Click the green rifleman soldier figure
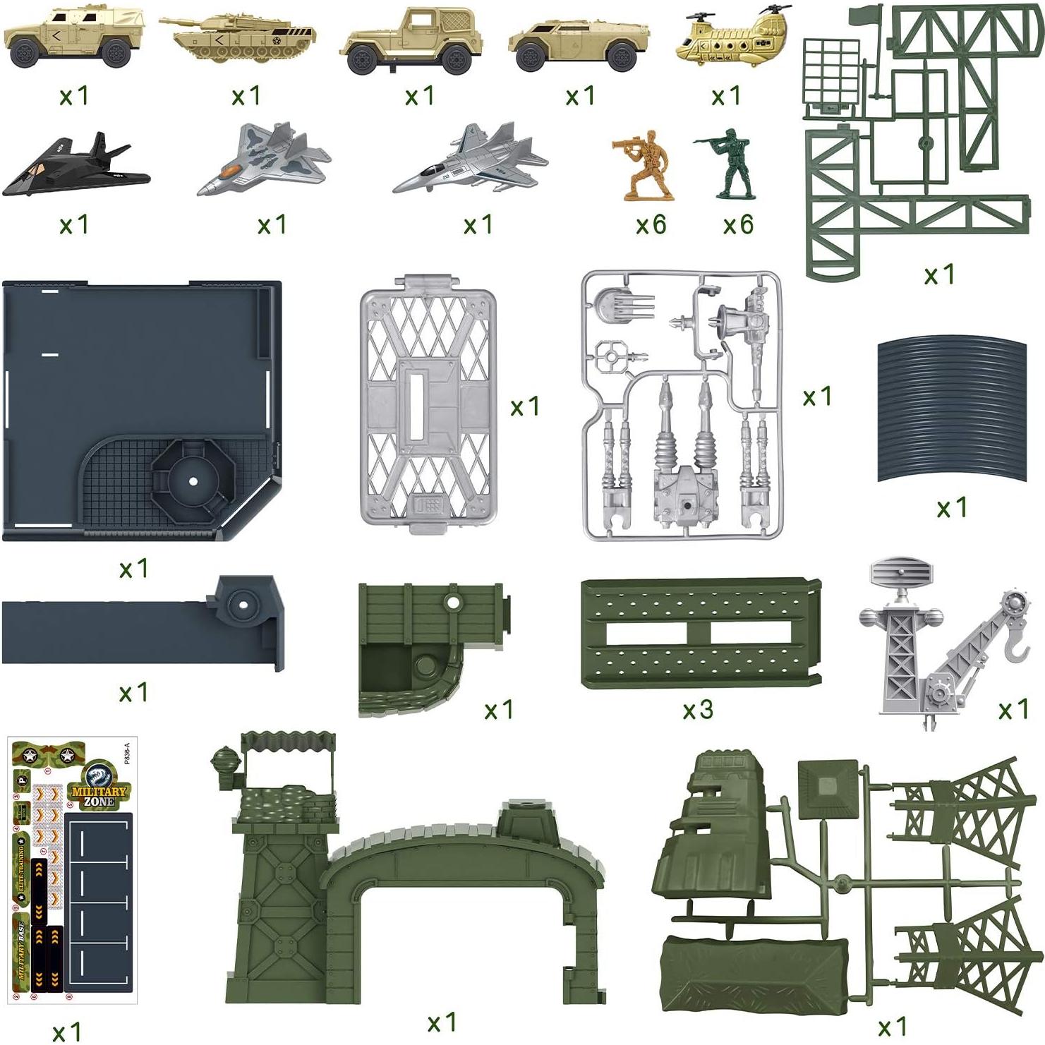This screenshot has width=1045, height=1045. (727, 167)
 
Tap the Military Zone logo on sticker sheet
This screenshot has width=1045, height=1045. (98, 793)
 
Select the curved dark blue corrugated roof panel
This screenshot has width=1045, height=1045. (951, 410)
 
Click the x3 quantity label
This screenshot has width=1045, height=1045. (697, 710)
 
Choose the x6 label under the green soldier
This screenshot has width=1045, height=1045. (738, 225)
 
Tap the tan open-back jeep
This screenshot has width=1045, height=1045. (409, 42)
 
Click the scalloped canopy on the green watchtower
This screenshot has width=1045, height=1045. (288, 744)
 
